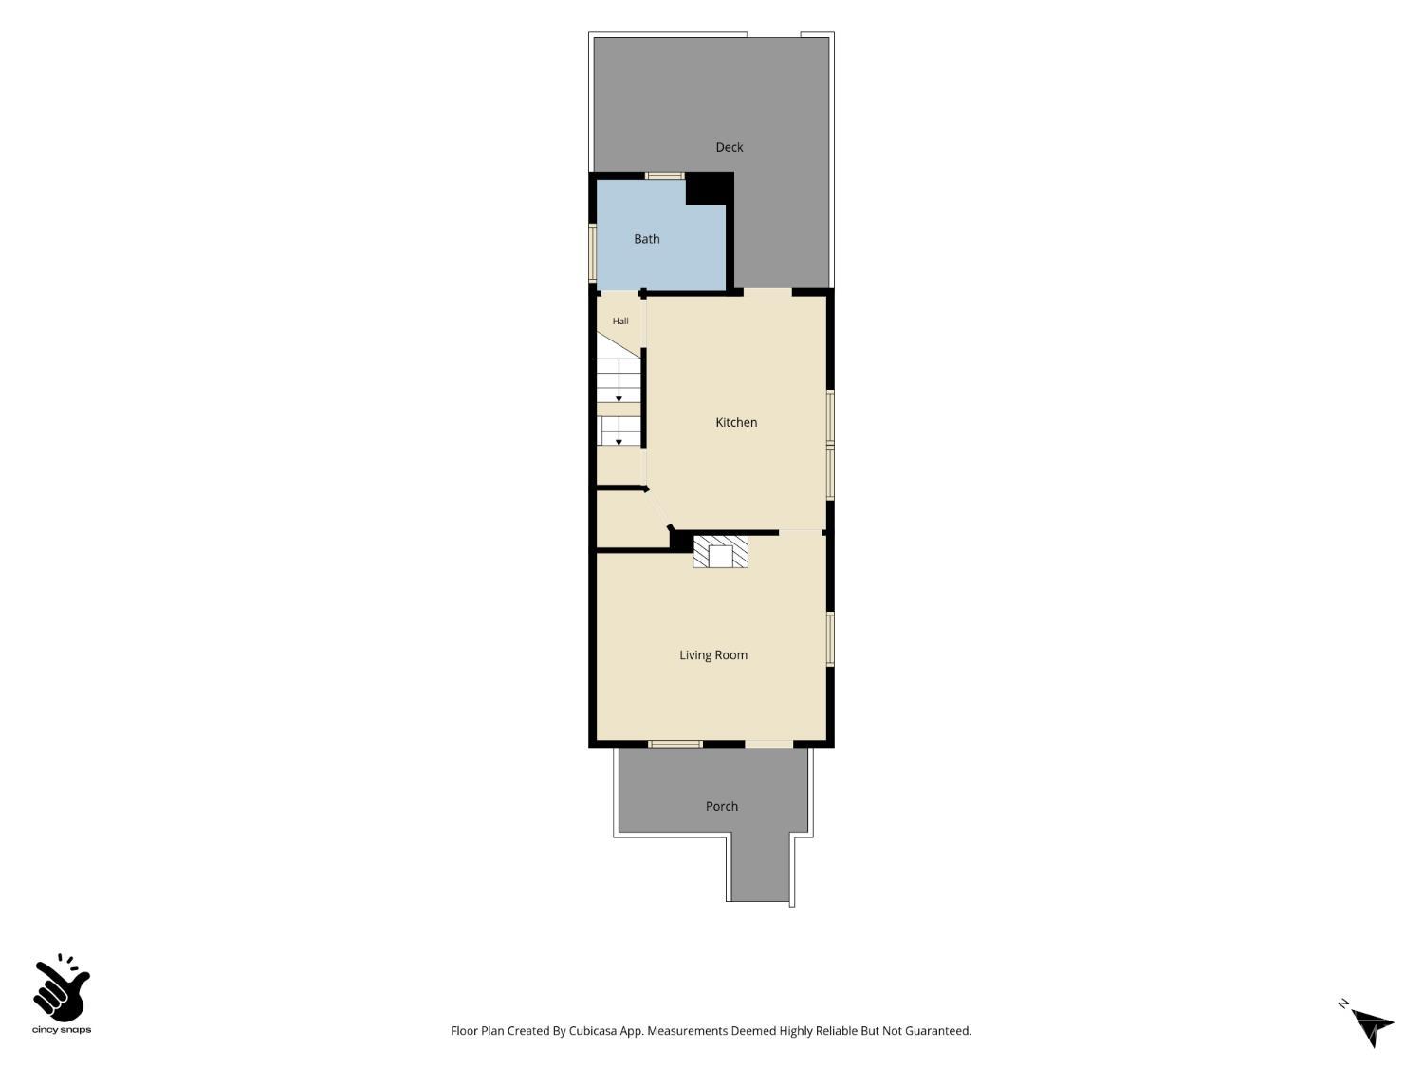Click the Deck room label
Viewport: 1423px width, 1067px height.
coord(729,147)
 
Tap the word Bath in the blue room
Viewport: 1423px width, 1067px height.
coord(646,239)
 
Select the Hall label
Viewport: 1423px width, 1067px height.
coord(620,321)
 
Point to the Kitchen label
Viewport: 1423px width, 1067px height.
coord(736,422)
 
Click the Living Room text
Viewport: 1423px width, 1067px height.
coord(713,655)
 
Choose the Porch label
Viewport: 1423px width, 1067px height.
coord(722,806)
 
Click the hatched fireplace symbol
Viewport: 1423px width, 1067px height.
coord(720,552)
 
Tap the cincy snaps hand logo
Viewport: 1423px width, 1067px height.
coord(62,989)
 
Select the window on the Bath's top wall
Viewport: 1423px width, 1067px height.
coord(664,175)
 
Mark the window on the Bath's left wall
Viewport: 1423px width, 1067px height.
coord(593,252)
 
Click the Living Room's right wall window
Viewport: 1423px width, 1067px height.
coord(830,638)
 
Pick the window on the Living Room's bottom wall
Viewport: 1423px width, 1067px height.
coord(675,745)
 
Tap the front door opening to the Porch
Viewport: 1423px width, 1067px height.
coord(768,745)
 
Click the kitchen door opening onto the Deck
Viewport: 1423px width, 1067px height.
coord(767,291)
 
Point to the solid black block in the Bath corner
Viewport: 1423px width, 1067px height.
coord(710,189)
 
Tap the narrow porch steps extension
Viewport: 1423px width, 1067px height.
coord(760,868)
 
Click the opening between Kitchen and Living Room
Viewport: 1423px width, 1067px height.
coord(801,532)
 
